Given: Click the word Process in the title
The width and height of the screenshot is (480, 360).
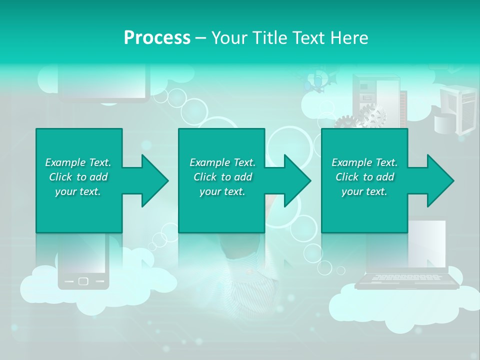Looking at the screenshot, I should (157, 38).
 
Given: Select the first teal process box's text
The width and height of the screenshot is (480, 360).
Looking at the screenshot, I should (78, 177).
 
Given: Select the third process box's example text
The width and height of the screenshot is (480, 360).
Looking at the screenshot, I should (364, 177).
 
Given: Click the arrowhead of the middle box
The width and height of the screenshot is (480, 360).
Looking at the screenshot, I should (298, 180).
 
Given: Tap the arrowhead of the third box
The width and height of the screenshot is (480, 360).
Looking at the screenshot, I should (441, 180).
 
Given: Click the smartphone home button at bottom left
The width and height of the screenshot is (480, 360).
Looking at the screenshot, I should (83, 281).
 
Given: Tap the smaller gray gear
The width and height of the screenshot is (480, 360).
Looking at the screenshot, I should (345, 122).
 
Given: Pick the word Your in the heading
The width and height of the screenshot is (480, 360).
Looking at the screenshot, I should (230, 38).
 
